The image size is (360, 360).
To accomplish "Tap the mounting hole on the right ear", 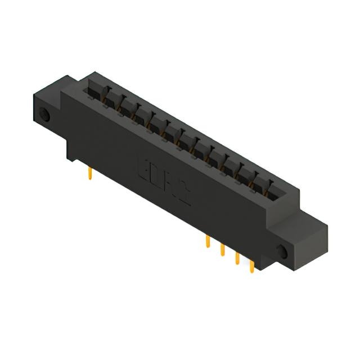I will coord(281,251).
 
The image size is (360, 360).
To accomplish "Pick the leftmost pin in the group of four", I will coord(208,242).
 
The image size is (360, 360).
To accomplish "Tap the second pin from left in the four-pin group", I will coord(222,250).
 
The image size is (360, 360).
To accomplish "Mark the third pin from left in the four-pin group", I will coord(237,259).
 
